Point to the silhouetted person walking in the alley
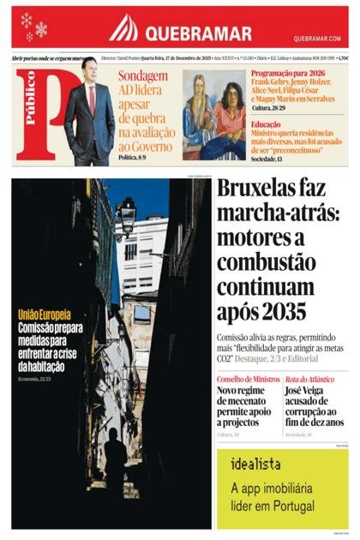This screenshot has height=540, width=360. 115,459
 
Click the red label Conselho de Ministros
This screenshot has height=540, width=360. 248,379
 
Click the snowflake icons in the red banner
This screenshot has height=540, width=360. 33,26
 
